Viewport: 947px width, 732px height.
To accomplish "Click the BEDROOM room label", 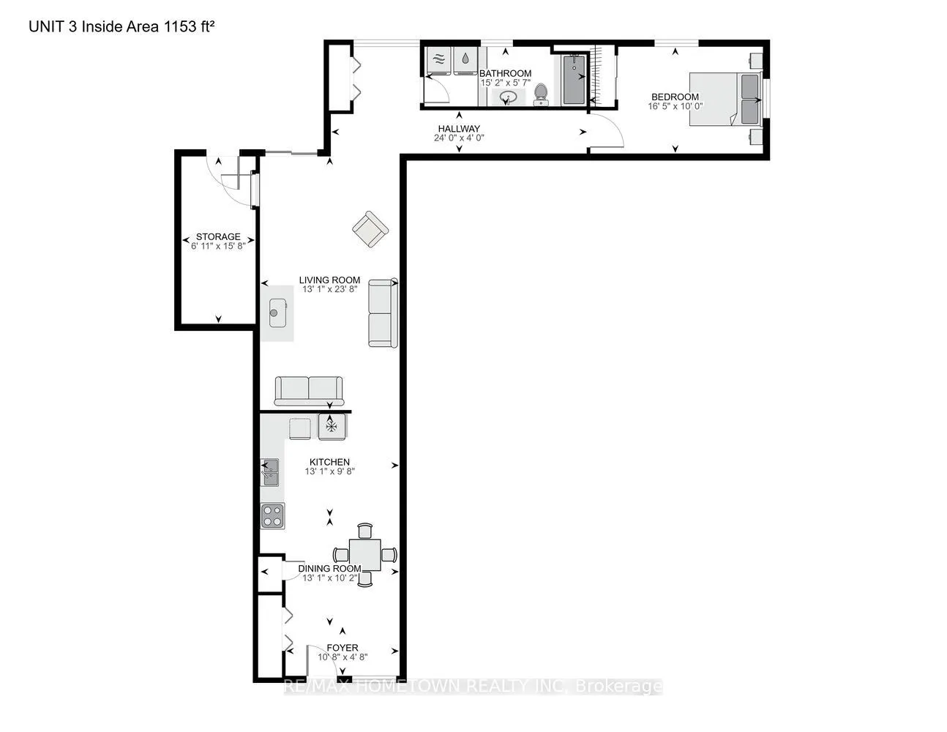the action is pos(675,97).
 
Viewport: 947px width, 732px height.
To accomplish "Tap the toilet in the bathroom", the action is pos(541,94).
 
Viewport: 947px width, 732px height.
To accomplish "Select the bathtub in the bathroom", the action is pos(574,80).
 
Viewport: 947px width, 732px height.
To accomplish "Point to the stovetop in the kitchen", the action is pos(272,516).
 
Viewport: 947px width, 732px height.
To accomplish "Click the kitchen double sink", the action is pos(270,472).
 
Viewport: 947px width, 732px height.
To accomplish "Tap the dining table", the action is pos(364,555).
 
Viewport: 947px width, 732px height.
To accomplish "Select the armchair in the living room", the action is pos(370,229).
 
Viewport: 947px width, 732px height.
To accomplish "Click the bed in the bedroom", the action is pos(725,100).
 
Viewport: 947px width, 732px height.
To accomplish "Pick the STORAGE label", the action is pos(218,236).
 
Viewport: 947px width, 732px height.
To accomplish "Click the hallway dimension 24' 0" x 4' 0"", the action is pos(459,138).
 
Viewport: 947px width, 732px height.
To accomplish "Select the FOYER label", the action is pos(342,648).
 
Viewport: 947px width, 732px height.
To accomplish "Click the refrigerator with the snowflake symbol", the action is pos(332,427).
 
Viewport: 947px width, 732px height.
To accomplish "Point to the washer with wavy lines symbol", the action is pos(439,60).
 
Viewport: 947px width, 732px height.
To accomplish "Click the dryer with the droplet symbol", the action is pos(465,60).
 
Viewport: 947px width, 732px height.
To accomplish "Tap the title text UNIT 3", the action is pos(53,26).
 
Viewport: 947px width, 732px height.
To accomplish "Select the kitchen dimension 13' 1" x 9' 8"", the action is pos(330,471).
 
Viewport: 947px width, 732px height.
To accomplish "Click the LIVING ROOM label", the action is pos(329,280).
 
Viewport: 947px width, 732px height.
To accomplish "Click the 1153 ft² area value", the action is pos(189,26).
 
